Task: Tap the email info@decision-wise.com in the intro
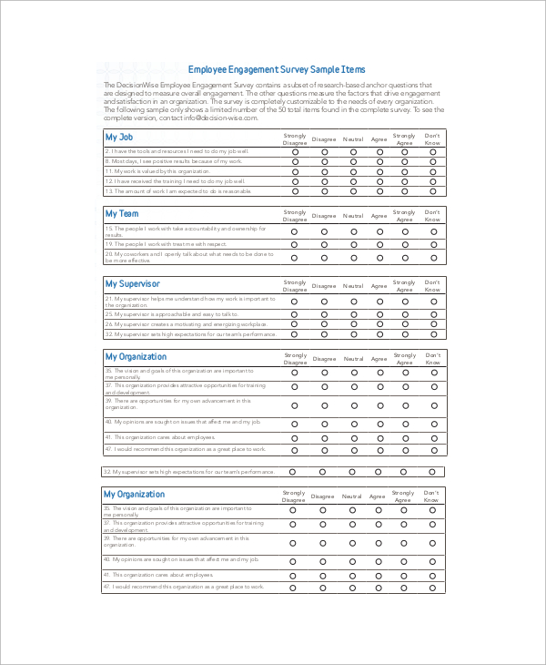click(x=208, y=118)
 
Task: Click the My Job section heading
click(x=120, y=138)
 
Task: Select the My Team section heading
click(x=122, y=213)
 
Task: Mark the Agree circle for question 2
click(x=379, y=151)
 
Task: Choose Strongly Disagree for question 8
click(x=295, y=161)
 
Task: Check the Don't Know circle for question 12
click(x=433, y=181)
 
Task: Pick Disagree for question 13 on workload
click(x=323, y=191)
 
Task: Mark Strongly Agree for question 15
click(x=404, y=231)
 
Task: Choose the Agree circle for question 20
click(x=379, y=258)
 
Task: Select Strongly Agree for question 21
click(x=404, y=302)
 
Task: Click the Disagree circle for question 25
click(x=323, y=313)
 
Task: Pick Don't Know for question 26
click(x=433, y=323)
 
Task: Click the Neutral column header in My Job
click(x=352, y=139)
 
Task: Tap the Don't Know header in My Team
click(x=432, y=215)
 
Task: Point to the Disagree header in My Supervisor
click(x=323, y=287)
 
